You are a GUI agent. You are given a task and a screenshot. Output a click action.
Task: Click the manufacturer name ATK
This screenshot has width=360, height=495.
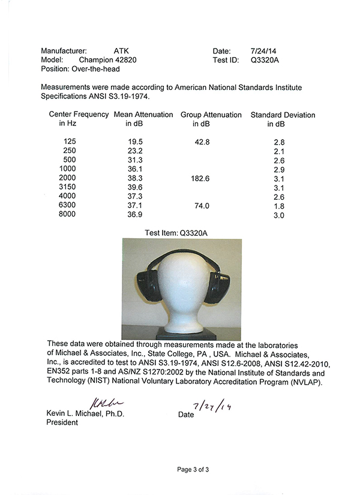point(122,52)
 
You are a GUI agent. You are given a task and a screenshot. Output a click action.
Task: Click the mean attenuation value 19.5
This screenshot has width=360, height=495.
point(133,142)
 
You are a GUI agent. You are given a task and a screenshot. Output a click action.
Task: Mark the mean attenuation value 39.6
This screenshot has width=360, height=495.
point(133,188)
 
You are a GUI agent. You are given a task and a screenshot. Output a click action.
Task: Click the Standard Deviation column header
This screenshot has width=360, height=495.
point(283,115)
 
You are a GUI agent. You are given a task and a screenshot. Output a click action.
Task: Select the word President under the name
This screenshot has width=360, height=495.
point(62,422)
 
